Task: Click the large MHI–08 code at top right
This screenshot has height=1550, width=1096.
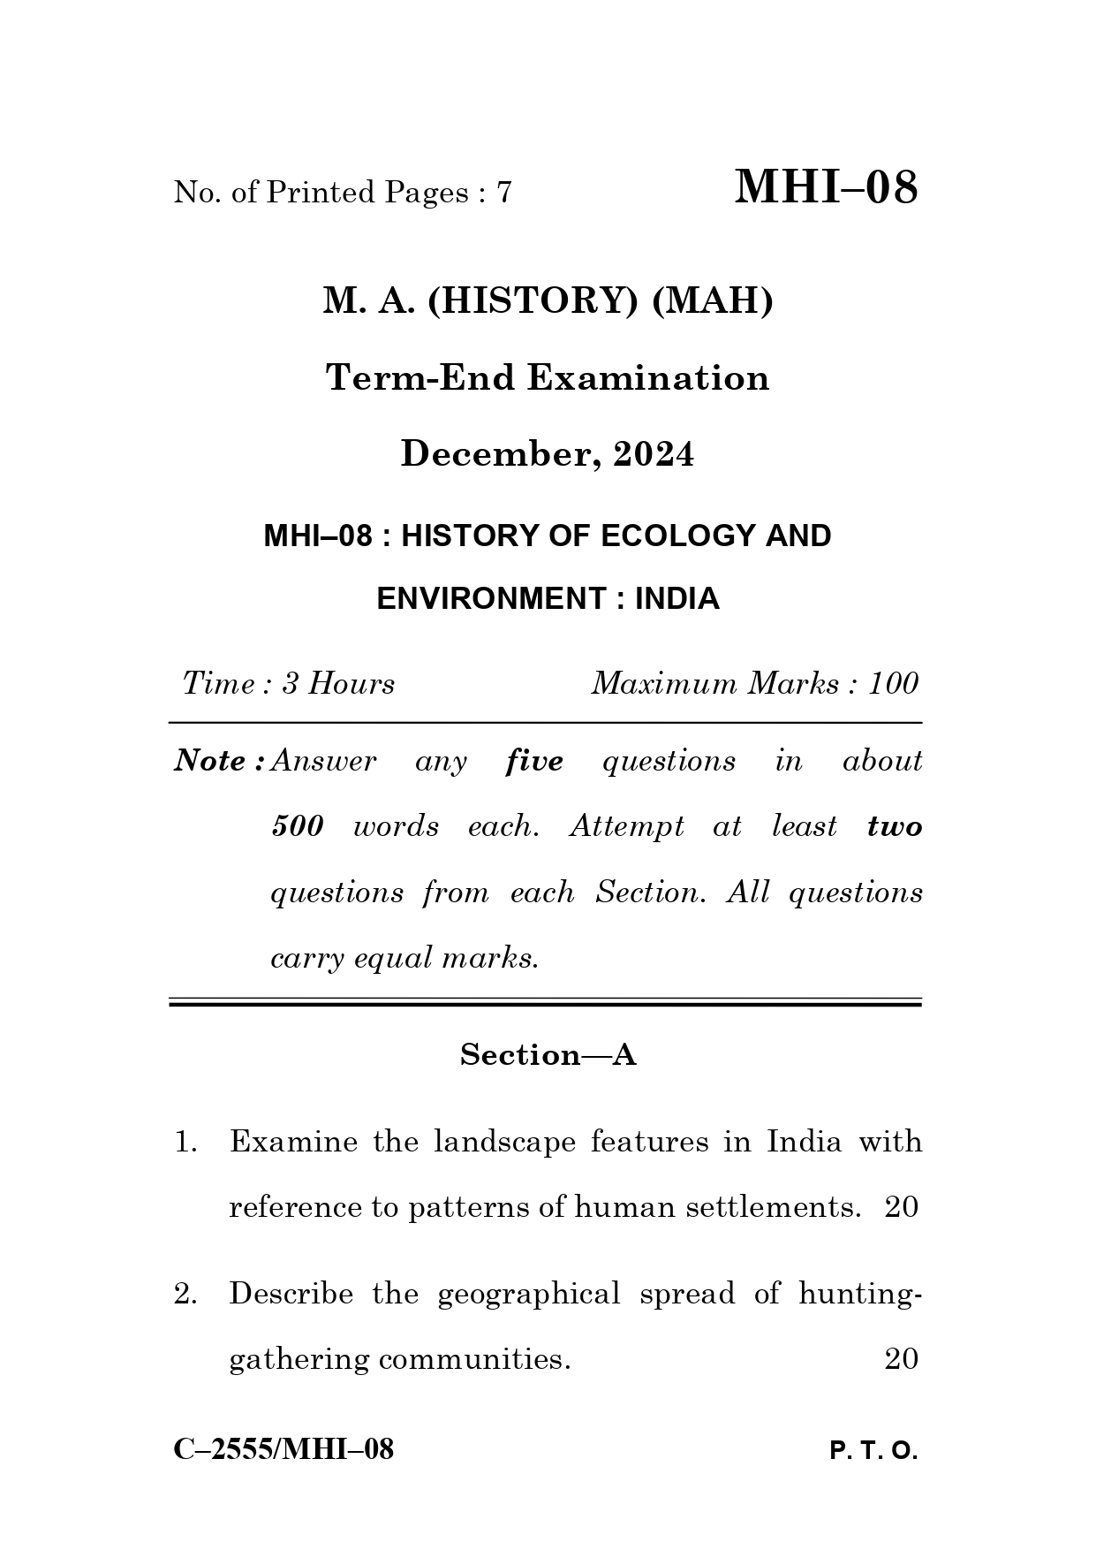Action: tap(826, 187)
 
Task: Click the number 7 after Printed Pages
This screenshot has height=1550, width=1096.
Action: tap(504, 193)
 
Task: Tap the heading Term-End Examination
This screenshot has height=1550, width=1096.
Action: tap(548, 378)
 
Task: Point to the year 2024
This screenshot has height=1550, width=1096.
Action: tap(654, 454)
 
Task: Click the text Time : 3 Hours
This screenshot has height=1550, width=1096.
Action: tap(289, 684)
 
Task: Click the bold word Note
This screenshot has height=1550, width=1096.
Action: tap(210, 761)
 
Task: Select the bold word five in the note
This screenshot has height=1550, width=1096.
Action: tap(534, 761)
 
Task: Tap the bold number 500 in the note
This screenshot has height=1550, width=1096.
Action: tap(298, 827)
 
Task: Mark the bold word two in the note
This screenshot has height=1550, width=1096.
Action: tap(894, 827)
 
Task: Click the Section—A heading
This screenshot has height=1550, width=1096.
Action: tap(548, 1055)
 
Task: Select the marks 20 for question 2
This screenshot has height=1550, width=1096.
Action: tap(901, 1359)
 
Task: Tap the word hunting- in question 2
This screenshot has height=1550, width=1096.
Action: tap(859, 1294)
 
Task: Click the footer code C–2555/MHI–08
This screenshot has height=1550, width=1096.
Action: tap(283, 1449)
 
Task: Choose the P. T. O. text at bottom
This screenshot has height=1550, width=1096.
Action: tap(873, 1451)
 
